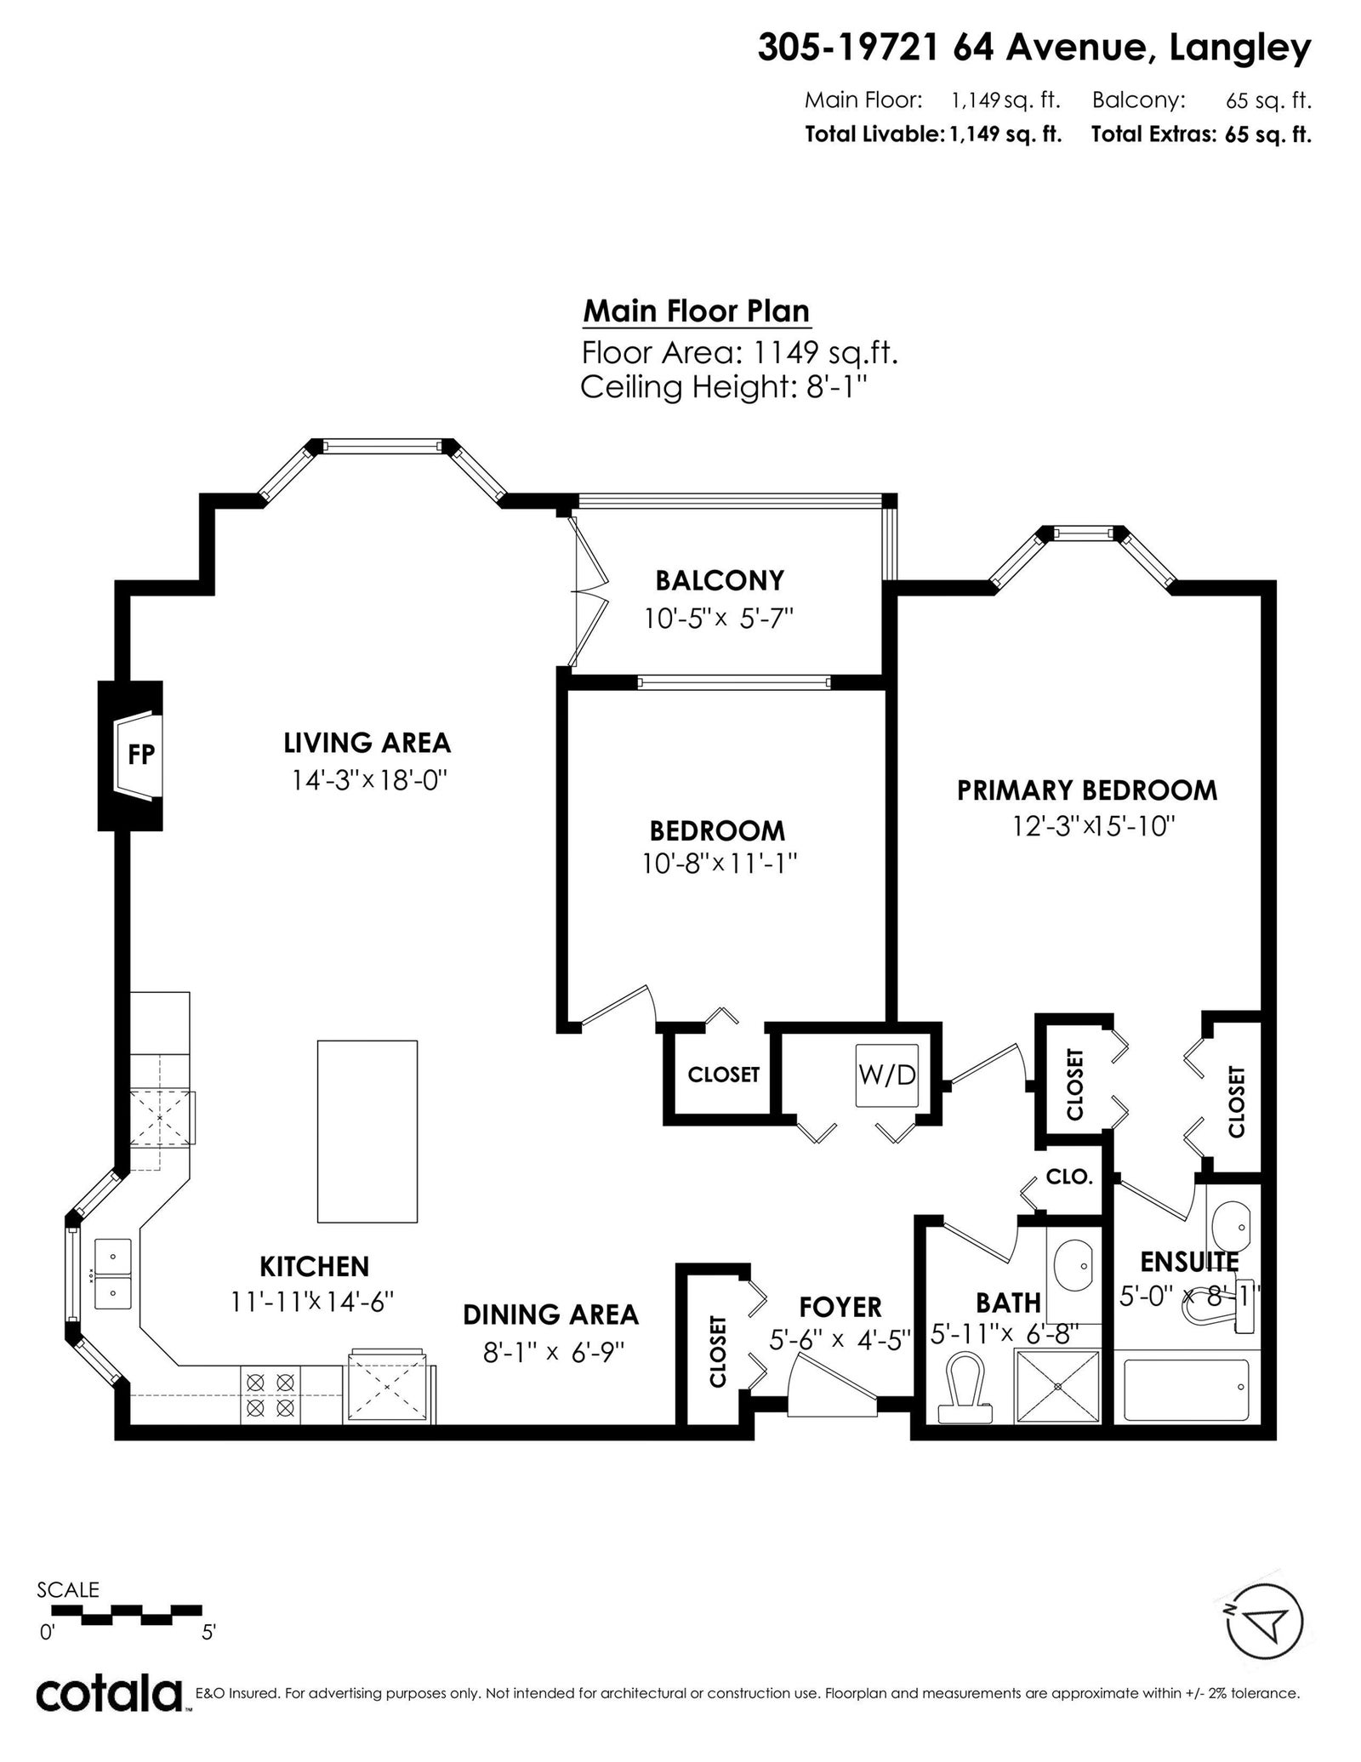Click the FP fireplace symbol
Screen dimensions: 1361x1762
tap(136, 755)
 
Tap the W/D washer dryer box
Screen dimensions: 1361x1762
tap(887, 1075)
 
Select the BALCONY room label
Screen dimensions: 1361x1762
tap(720, 580)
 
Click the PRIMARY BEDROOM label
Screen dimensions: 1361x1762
tap(1087, 790)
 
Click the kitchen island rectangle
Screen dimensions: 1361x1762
tap(367, 1131)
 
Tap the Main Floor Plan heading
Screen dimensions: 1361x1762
tap(697, 311)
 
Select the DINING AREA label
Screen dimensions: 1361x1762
tap(550, 1314)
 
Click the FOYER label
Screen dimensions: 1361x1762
tap(840, 1306)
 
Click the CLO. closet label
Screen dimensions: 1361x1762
tap(1069, 1177)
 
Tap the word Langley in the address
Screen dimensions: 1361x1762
tap(1240, 49)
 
